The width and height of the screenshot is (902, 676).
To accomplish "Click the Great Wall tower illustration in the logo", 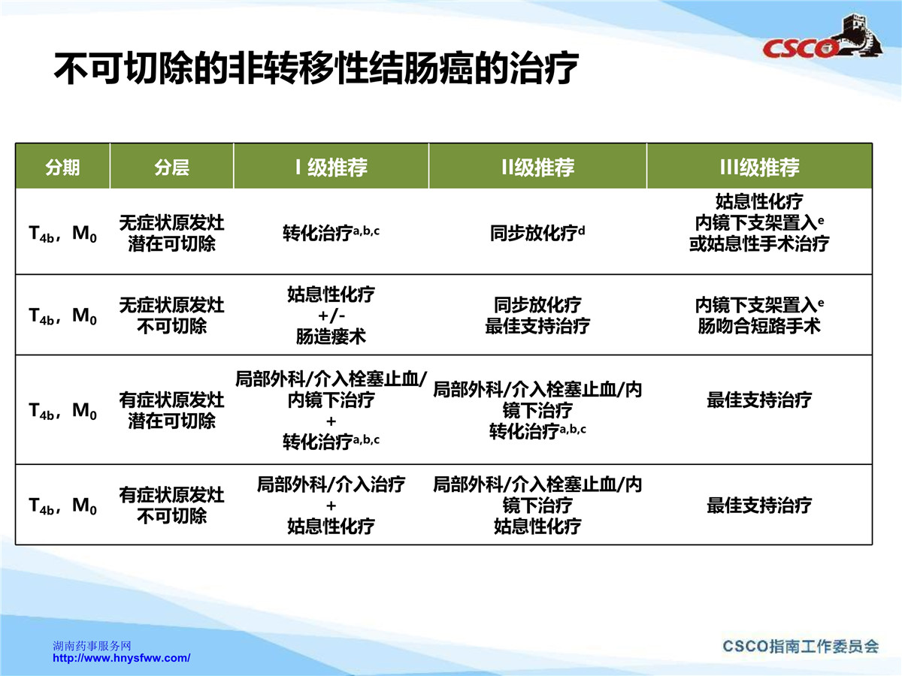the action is [x=860, y=35].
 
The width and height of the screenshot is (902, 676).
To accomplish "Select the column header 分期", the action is [x=62, y=167].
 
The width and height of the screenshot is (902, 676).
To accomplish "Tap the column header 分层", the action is [x=172, y=167].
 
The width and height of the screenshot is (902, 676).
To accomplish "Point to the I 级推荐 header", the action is [x=331, y=167].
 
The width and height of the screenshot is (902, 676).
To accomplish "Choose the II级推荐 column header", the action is [x=538, y=167].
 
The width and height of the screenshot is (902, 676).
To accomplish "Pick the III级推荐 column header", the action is [x=759, y=167].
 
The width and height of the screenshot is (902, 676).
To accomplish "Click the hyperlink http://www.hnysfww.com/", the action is [x=122, y=659].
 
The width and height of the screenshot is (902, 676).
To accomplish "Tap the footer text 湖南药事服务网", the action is [x=92, y=646].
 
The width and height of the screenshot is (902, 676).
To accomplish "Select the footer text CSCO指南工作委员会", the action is [x=801, y=647].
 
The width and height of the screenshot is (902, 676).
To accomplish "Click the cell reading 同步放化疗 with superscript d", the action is [x=538, y=233].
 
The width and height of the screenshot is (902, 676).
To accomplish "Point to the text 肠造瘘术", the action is [x=331, y=337].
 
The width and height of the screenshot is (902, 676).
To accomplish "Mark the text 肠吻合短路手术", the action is [x=759, y=326].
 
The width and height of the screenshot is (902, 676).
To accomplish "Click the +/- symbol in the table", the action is [x=331, y=315].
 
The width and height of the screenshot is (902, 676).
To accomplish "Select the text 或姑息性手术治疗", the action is [x=759, y=244].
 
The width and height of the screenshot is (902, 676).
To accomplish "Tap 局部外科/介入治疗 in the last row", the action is [x=331, y=484].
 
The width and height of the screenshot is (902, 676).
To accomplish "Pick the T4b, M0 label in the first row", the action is [x=62, y=234].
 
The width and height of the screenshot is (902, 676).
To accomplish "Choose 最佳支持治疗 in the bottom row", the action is [x=759, y=505].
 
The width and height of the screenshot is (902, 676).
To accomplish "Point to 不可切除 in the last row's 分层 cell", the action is [x=172, y=516].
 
